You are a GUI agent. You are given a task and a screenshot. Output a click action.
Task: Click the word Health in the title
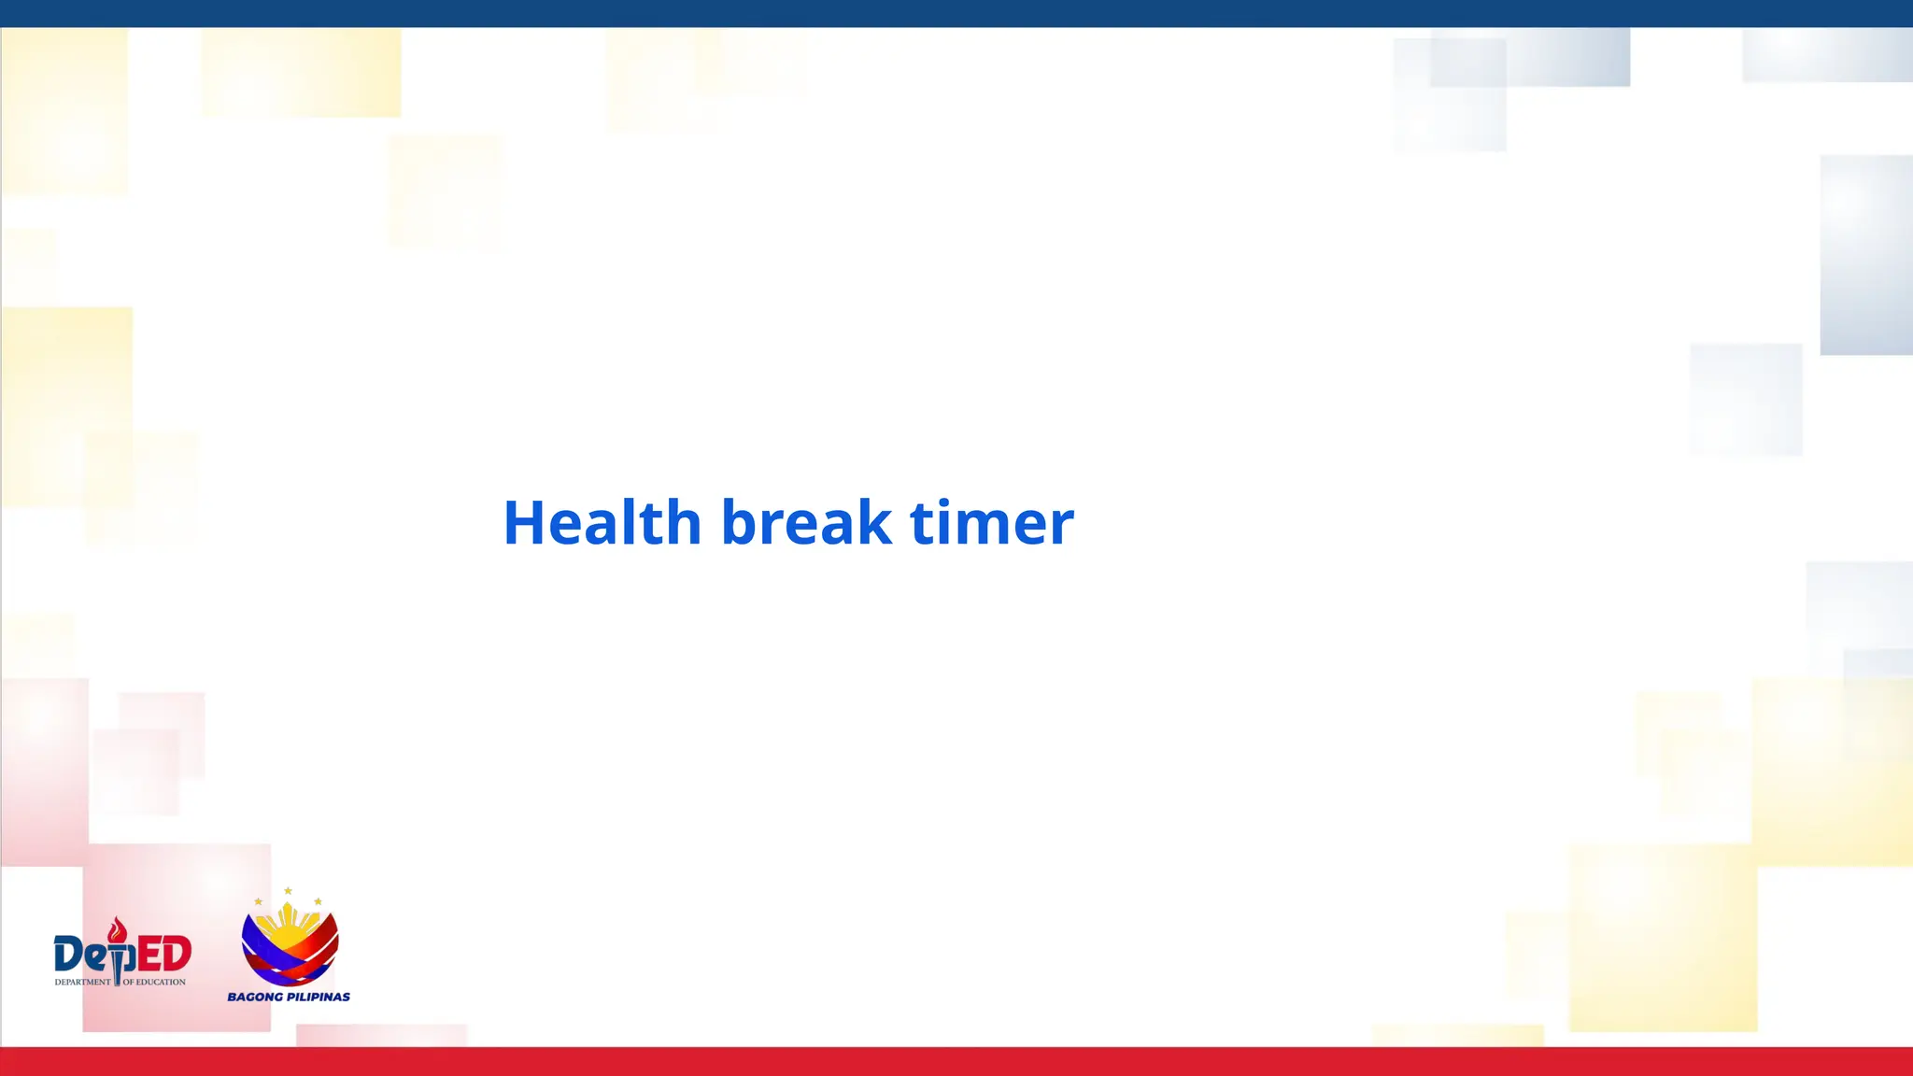(x=602, y=522)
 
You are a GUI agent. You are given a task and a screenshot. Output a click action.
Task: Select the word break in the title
(x=806, y=522)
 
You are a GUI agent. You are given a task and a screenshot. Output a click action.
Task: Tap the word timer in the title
(x=991, y=522)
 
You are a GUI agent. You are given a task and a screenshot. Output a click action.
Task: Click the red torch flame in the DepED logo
(x=117, y=929)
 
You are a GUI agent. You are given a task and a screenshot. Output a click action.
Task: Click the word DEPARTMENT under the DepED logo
(x=82, y=983)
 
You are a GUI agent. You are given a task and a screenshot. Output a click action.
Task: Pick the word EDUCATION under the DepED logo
(x=161, y=983)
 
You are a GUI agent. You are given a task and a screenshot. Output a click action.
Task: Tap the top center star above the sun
(x=289, y=891)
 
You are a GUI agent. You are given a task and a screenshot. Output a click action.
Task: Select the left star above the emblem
(x=259, y=901)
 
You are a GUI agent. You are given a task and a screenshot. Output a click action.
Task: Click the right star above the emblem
(x=319, y=901)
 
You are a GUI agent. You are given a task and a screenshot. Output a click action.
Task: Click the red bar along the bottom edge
(x=956, y=1062)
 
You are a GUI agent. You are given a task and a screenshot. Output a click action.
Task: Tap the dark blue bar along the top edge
(x=956, y=13)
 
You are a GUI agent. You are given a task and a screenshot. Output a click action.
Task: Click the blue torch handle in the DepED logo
(x=118, y=967)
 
